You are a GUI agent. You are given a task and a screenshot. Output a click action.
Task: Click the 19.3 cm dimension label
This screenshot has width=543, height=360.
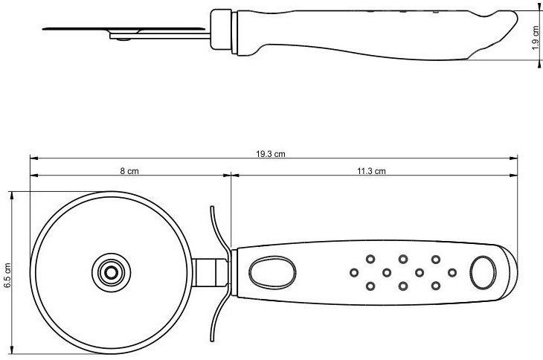pos(271,154)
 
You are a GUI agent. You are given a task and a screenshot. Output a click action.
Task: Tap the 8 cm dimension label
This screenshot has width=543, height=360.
pos(129,171)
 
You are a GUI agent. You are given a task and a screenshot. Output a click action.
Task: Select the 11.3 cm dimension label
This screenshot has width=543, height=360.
pos(371,171)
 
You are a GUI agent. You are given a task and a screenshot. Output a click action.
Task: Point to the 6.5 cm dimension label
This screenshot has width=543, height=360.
pos(7,275)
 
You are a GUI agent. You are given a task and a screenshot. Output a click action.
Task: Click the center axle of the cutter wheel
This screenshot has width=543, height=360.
pos(111,273)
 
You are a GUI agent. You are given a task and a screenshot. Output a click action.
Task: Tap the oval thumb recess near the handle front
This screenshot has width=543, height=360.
pos(272,273)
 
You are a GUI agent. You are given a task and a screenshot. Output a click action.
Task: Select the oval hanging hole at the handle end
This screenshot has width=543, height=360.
pos(483,273)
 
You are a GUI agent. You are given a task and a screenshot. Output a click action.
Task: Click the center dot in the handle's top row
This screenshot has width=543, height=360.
pos(402,259)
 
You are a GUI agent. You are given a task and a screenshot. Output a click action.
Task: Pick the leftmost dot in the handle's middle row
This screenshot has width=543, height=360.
pos(354,273)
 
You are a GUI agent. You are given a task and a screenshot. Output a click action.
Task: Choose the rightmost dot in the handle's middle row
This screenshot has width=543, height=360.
pos(452,273)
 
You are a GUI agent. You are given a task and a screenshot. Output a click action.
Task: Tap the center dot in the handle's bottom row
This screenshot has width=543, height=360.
pos(402,286)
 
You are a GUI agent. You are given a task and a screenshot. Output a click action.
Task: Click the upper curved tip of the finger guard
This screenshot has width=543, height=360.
pos(212,208)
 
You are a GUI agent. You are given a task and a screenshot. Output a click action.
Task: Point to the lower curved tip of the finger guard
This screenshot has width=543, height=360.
pos(212,340)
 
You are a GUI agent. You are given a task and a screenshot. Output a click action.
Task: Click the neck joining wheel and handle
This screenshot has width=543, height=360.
pos(211,273)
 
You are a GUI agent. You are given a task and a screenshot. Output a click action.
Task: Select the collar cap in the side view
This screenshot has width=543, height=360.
pos(221,30)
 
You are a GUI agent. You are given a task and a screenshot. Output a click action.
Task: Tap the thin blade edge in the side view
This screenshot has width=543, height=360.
pos(124,29)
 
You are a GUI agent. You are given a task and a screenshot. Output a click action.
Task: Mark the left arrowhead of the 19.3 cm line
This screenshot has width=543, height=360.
pos(34,158)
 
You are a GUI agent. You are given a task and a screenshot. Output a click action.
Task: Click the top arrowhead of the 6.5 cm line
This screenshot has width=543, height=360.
pos(12,195)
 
